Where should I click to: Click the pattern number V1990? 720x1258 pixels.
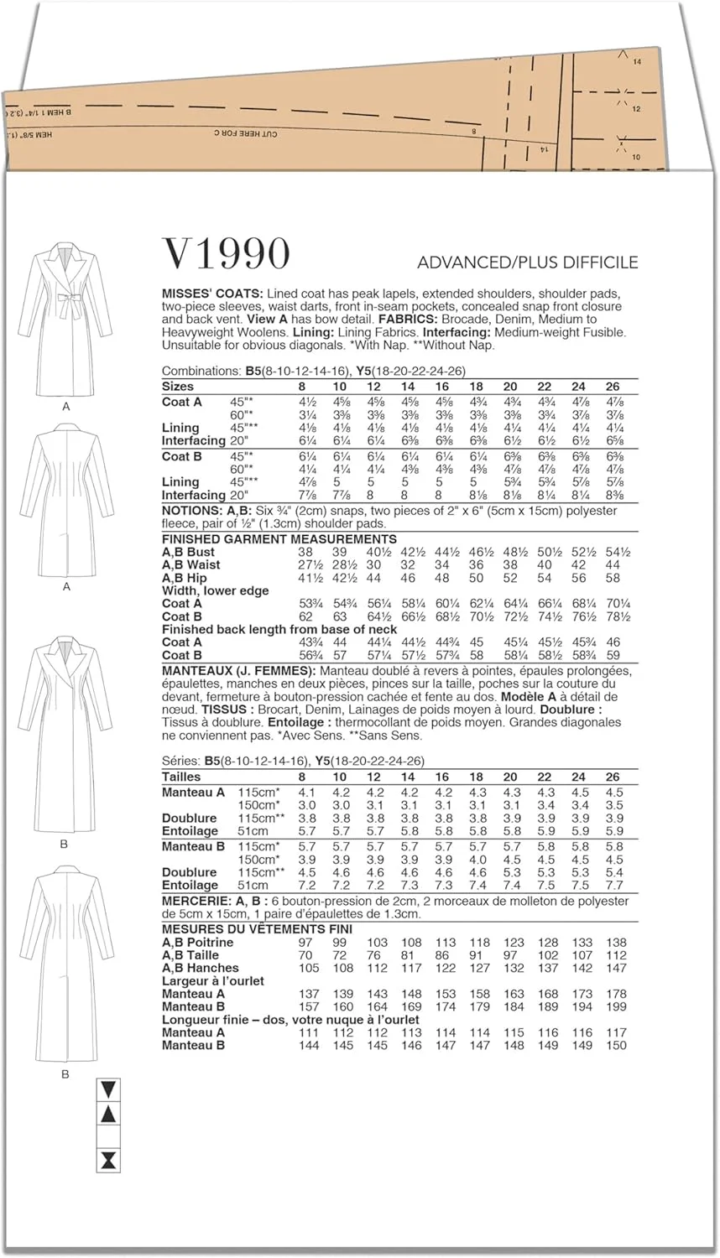click(226, 253)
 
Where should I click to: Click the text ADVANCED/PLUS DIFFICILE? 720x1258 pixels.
click(528, 263)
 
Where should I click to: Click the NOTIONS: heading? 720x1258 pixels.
click(192, 511)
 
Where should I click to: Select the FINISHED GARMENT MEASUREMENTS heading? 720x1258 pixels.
click(279, 539)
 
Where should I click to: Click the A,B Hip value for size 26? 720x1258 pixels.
click(613, 578)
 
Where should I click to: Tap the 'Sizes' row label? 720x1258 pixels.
click(178, 387)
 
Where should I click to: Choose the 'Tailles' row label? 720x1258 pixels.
click(182, 777)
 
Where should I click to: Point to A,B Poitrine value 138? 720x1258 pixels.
click(616, 943)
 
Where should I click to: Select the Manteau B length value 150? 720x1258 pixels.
click(616, 1046)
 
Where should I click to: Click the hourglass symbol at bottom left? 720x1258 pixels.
click(109, 1161)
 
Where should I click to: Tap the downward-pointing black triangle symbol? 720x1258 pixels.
click(109, 1089)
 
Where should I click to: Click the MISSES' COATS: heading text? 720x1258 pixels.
click(212, 294)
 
